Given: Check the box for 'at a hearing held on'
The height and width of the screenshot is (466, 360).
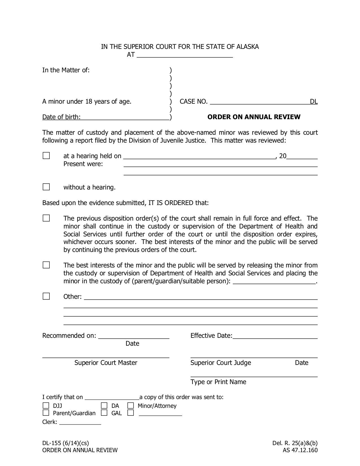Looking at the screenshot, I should (46, 156).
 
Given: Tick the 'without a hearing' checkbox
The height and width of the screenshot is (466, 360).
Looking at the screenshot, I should (46, 187).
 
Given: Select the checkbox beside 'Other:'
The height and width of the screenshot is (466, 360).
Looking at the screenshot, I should (46, 296).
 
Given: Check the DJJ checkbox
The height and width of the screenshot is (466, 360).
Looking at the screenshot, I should (46, 406).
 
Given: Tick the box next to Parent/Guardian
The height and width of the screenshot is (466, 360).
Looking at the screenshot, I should (46, 413).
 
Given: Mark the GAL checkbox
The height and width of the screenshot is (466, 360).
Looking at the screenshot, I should (104, 413).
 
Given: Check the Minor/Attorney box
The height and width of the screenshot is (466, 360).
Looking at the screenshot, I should (130, 406).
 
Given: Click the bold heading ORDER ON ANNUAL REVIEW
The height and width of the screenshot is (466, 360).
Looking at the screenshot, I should (254, 117).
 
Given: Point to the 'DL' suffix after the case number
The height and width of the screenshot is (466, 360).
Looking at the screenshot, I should (314, 101).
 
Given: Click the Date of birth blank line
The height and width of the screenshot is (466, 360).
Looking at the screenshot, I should (125, 117).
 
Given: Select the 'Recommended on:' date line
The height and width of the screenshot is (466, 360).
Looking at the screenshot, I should (134, 336).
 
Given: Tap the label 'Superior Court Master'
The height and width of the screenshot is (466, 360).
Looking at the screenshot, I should (106, 363).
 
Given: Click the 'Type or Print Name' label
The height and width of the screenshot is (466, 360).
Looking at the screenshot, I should (218, 382).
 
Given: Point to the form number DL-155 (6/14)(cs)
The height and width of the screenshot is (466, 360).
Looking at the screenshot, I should (66, 443).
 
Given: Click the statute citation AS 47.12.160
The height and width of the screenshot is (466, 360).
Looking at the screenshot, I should (300, 450).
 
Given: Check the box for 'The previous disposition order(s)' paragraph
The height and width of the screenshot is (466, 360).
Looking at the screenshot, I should (46, 218).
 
